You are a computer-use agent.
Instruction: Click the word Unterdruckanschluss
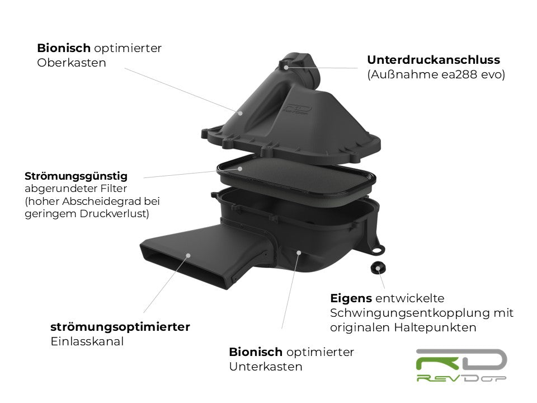pos(434,59)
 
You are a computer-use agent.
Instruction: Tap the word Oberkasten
pos(72,63)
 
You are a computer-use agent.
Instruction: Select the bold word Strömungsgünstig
pos(76,176)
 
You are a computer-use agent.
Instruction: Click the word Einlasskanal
pos(87,341)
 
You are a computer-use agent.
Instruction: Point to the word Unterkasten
pos(266,367)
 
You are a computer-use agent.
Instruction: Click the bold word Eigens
pos(351,298)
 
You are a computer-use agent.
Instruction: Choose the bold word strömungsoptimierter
pos(120,327)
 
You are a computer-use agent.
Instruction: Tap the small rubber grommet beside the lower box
pos(379,268)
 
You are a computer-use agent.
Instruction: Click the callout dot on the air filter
pos(240,168)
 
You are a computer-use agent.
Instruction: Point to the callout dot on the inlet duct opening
pos(187,255)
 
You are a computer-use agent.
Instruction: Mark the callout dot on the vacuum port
pos(286,67)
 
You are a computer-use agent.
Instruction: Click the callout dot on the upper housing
pos(241,113)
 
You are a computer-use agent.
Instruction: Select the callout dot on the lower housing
pos(299,253)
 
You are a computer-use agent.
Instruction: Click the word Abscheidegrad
pos(110,201)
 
